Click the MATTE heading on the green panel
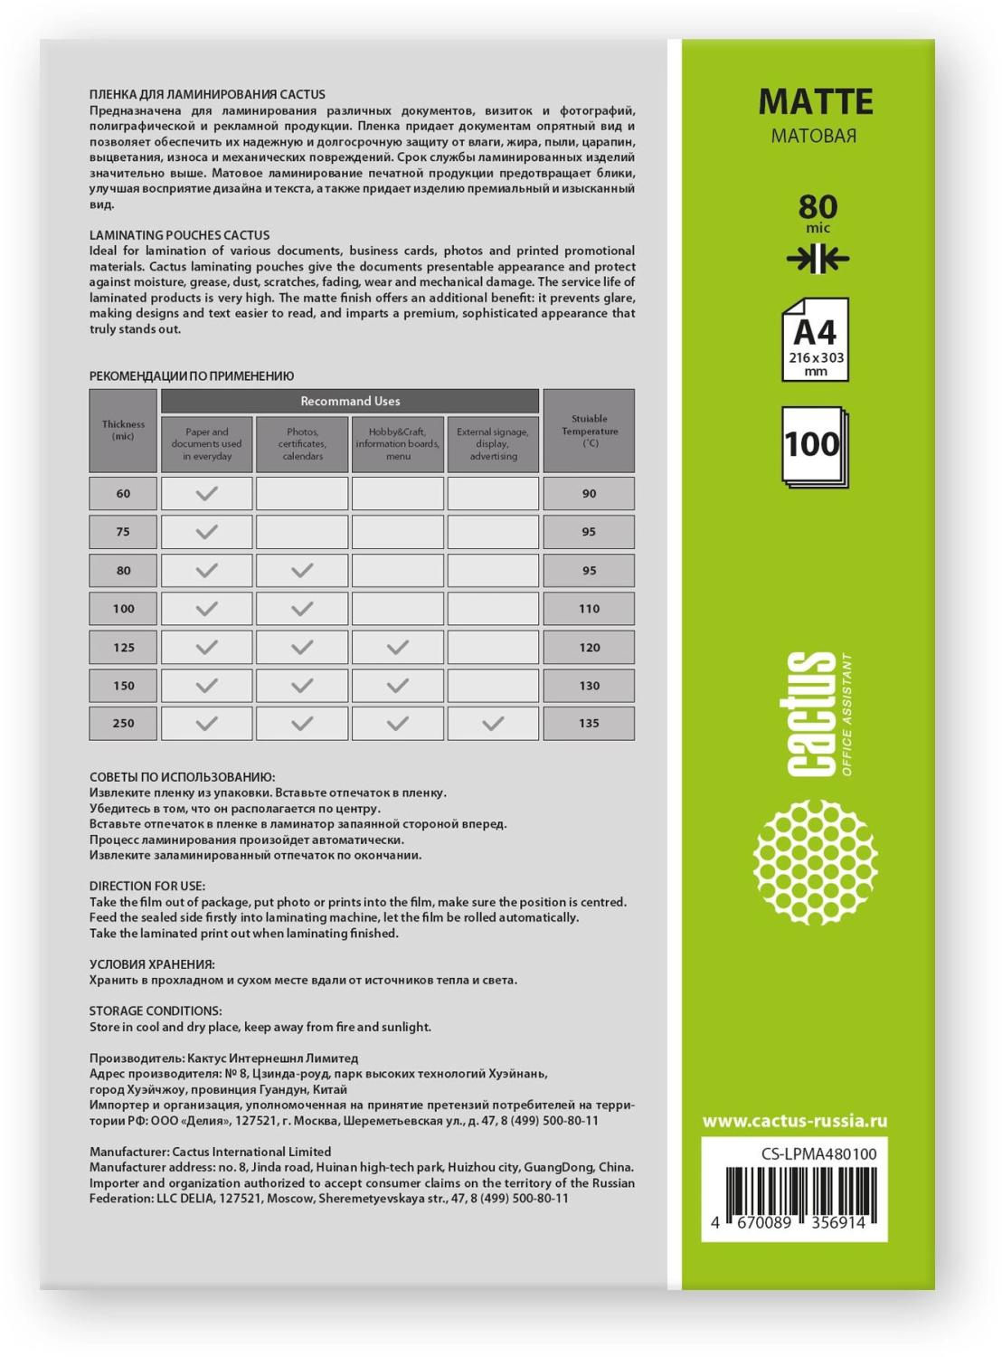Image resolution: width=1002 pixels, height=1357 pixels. pyautogui.click(x=815, y=102)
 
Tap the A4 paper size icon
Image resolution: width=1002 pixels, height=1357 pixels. pyautogui.click(x=815, y=339)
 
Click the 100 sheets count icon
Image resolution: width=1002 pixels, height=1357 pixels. pyautogui.click(x=813, y=445)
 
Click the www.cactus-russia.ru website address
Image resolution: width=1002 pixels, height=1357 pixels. pyautogui.click(x=794, y=1121)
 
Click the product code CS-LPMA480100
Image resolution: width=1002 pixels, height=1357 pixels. pyautogui.click(x=818, y=1153)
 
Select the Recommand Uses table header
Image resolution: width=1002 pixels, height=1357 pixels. pyautogui.click(x=350, y=401)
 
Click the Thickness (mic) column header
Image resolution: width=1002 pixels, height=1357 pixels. pyautogui.click(x=123, y=430)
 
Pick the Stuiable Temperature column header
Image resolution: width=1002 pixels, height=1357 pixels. pyautogui.click(x=589, y=431)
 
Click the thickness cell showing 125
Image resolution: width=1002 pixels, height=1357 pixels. pyautogui.click(x=123, y=647)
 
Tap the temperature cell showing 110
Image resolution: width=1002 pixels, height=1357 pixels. pyautogui.click(x=589, y=609)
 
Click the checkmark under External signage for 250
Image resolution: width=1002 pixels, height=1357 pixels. pyautogui.click(x=493, y=724)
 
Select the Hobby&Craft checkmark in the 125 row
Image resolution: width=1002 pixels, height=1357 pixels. pyautogui.click(x=398, y=647)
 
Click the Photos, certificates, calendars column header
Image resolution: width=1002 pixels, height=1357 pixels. pyautogui.click(x=302, y=444)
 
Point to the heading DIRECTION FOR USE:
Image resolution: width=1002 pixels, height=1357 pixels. pyautogui.click(x=147, y=886)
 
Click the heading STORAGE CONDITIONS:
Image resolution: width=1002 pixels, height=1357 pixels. pyautogui.click(x=156, y=1011)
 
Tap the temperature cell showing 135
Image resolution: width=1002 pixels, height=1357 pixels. pyautogui.click(x=589, y=724)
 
